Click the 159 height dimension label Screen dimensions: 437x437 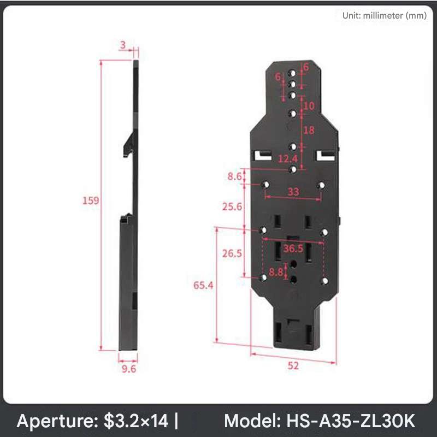click(x=91, y=200)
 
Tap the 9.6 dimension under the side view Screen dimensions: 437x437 click(x=128, y=369)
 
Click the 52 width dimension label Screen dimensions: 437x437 click(x=293, y=366)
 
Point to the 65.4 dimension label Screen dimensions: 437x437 click(x=203, y=285)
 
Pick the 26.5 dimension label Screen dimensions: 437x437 click(x=232, y=253)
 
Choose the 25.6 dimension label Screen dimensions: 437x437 click(x=232, y=206)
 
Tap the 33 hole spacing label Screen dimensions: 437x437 click(x=293, y=192)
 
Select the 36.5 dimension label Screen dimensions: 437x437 click(x=293, y=249)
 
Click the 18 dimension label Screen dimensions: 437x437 click(x=309, y=130)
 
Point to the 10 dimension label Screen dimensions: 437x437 click(x=309, y=106)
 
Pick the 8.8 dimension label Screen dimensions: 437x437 click(x=276, y=271)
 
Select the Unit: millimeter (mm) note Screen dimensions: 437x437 click(x=384, y=16)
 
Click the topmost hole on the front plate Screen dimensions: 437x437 click(x=293, y=73)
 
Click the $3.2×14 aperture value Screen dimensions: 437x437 click(x=137, y=421)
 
